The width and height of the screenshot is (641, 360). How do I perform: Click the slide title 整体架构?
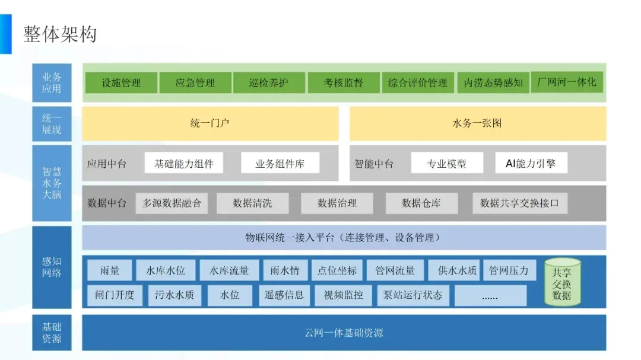click(59, 34)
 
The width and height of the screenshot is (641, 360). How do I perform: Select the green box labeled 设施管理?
click(121, 83)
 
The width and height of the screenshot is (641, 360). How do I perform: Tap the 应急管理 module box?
click(195, 83)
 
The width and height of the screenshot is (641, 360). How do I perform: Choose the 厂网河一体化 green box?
click(566, 82)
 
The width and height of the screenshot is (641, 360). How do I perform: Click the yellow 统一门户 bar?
click(210, 123)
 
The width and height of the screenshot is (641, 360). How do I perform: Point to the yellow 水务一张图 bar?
click(478, 123)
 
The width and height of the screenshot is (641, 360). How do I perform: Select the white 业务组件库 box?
click(280, 163)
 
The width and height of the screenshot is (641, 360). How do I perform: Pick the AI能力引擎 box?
click(531, 163)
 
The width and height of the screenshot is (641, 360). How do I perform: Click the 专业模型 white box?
click(446, 163)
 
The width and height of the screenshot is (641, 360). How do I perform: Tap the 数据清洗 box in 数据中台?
click(252, 203)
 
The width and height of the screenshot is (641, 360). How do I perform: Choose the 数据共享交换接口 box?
click(519, 203)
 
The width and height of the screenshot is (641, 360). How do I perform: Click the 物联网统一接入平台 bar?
click(344, 238)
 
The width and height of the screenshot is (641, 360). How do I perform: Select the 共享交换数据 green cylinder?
click(562, 282)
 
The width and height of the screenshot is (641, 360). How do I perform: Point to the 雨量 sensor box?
click(110, 271)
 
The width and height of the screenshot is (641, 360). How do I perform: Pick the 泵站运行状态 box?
click(413, 295)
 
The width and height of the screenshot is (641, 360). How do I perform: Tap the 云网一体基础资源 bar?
click(344, 332)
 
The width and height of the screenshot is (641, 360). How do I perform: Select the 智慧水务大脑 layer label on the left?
click(52, 183)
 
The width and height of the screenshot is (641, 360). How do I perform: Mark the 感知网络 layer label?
click(52, 267)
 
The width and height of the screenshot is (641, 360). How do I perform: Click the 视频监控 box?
click(344, 295)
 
